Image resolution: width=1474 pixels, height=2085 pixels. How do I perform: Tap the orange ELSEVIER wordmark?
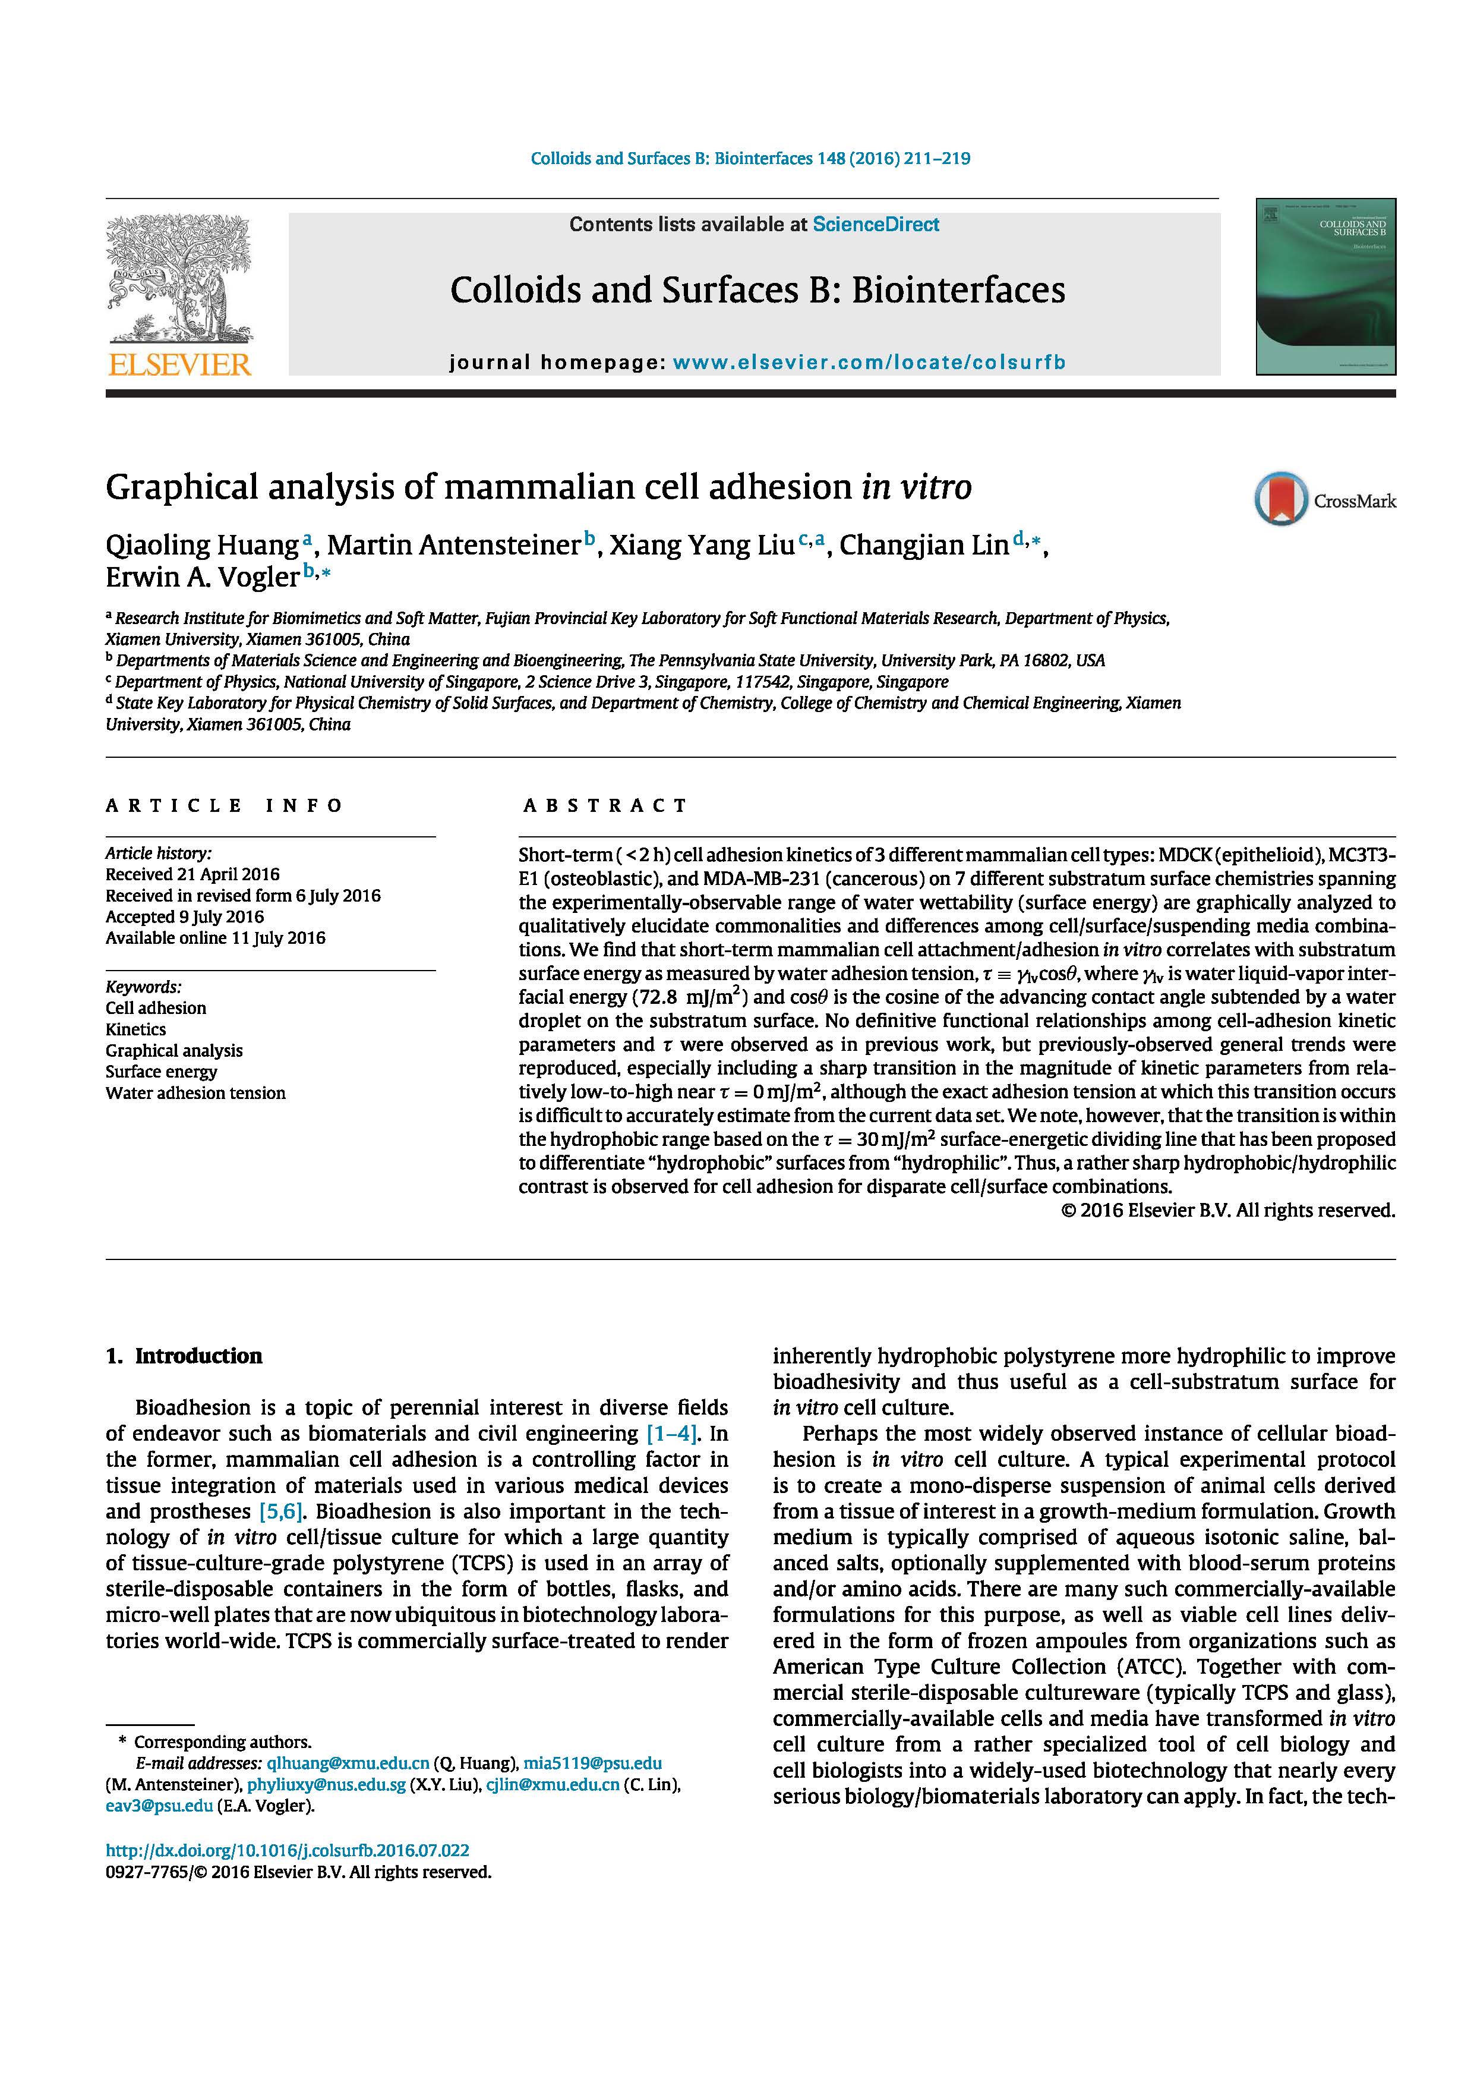[179, 365]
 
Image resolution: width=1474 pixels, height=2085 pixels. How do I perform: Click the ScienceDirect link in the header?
[876, 224]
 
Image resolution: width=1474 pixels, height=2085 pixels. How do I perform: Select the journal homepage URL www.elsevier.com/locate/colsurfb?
[869, 363]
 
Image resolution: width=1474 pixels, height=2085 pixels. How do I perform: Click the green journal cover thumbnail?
[1325, 287]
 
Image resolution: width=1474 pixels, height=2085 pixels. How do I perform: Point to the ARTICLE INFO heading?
[224, 805]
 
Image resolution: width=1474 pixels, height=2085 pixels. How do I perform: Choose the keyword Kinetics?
[135, 1029]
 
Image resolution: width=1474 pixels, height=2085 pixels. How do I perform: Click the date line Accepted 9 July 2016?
[184, 916]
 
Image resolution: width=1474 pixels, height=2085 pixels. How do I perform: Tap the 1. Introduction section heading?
[184, 1356]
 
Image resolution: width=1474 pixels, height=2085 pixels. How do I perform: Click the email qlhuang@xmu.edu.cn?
[348, 1763]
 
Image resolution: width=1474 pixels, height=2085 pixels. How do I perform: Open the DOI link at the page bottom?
[288, 1850]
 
